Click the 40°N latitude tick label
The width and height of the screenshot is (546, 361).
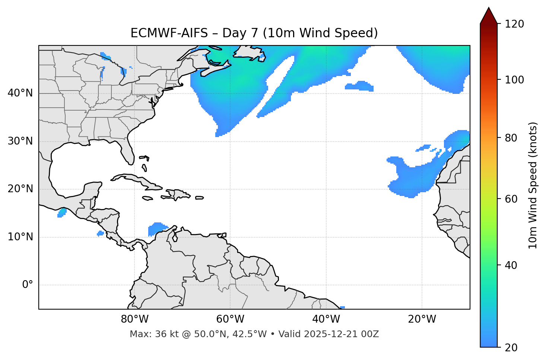tap(20, 93)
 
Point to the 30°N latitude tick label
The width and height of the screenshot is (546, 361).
tap(20, 141)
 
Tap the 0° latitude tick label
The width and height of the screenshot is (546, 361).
tap(28, 285)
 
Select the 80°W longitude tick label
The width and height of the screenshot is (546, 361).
tap(134, 319)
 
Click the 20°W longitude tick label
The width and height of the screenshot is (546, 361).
tap(422, 319)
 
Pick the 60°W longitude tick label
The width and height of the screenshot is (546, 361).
tap(230, 319)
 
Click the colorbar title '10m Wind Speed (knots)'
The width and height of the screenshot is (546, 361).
tap(533, 185)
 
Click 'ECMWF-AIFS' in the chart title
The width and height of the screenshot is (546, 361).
tap(169, 33)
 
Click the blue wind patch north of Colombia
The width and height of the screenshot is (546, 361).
tap(157, 228)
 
